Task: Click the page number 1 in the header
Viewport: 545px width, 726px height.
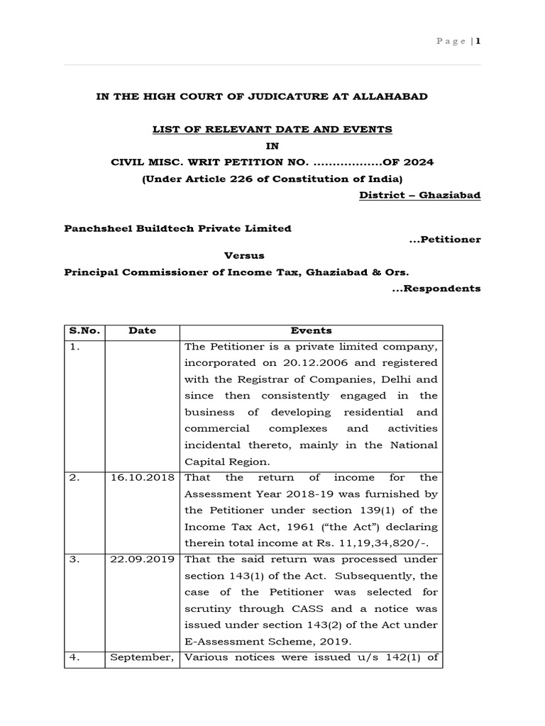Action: click(478, 40)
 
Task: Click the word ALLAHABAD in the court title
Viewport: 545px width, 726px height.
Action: click(395, 96)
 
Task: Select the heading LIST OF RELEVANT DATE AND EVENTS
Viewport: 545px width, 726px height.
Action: click(272, 129)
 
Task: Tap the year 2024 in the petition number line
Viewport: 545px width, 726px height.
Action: click(419, 162)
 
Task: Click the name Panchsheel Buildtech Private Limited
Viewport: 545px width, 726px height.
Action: click(177, 228)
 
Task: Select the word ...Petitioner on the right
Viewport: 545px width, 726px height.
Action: click(445, 240)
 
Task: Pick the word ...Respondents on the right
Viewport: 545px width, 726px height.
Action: click(436, 288)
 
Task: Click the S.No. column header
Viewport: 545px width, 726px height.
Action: click(84, 330)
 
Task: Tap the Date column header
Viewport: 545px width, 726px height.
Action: click(142, 330)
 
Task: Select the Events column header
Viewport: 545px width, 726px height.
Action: click(311, 330)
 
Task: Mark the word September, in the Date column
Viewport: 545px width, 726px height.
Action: click(143, 657)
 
